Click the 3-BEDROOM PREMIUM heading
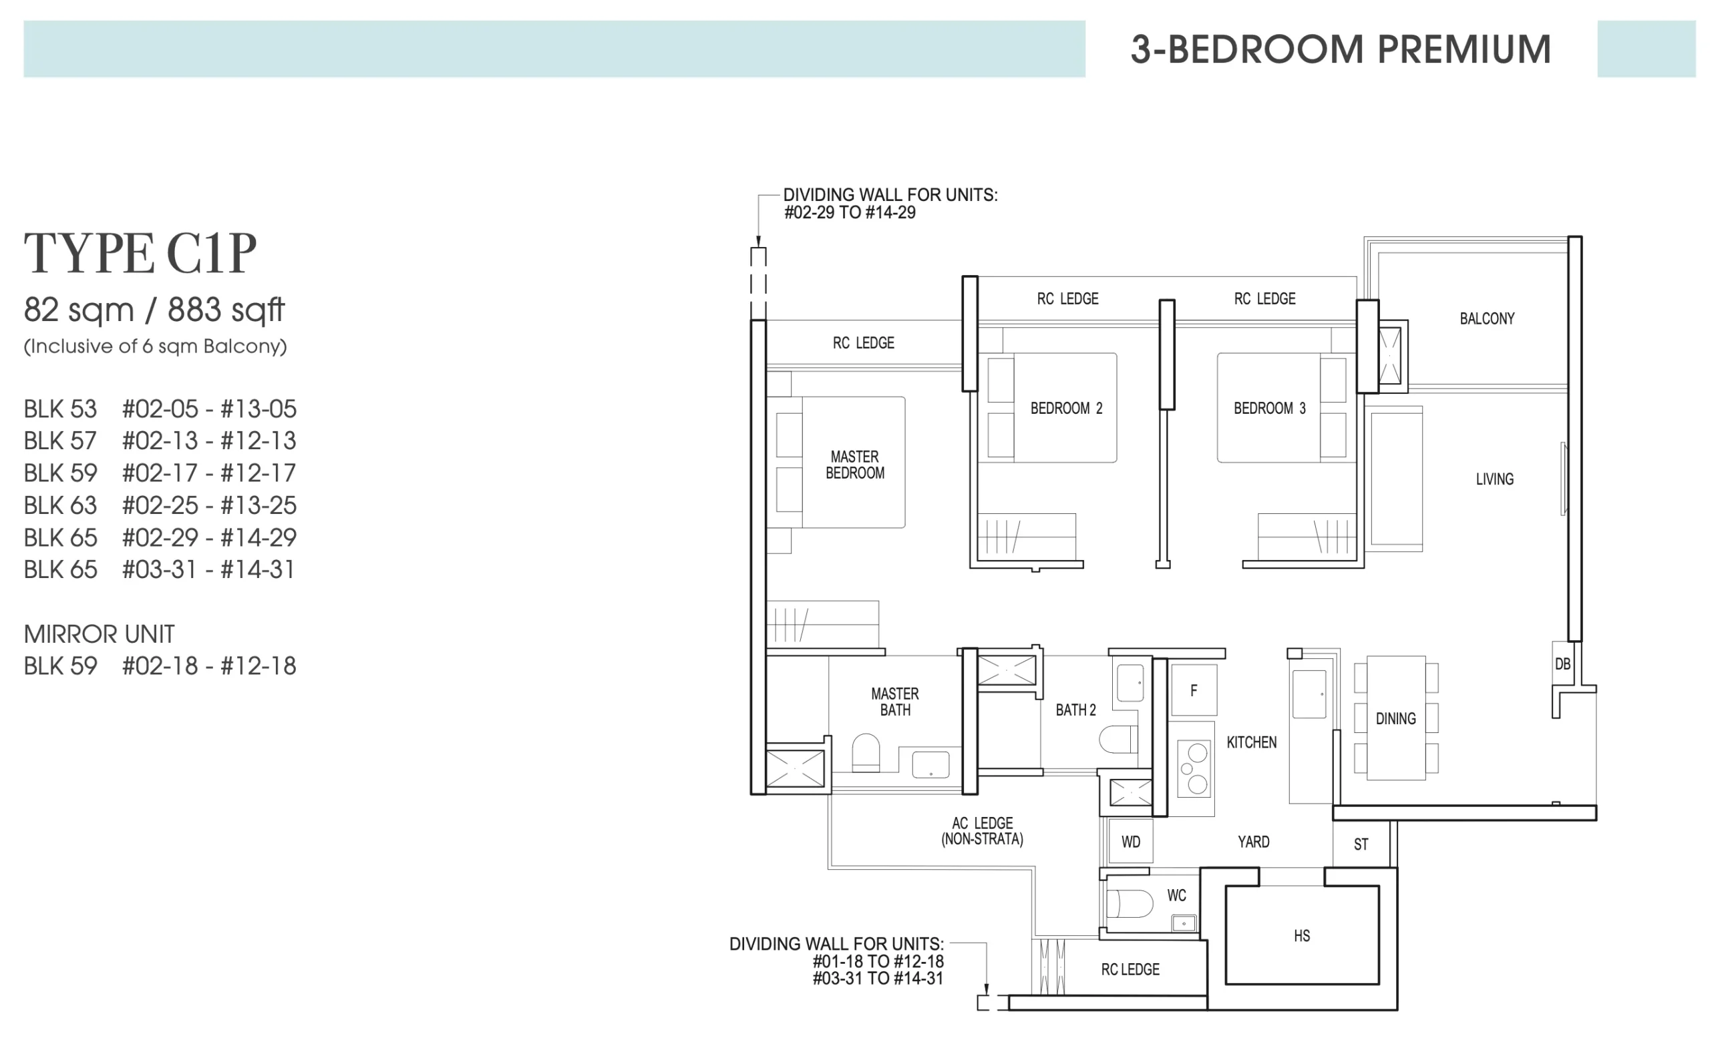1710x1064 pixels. (x=1341, y=49)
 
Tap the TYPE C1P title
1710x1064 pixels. (x=140, y=254)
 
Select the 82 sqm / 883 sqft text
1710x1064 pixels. (x=154, y=310)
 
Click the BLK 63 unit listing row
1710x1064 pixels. (x=160, y=505)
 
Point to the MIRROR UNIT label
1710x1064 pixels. (x=100, y=634)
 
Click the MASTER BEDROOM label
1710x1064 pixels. (x=854, y=465)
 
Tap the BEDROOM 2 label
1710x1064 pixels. (x=1067, y=408)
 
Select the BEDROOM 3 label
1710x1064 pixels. (x=1269, y=408)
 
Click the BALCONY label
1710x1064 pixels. (x=1487, y=319)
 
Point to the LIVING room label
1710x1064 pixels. (x=1494, y=479)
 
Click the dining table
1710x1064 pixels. (x=1396, y=718)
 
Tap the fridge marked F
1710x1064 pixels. (x=1194, y=690)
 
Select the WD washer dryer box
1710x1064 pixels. (x=1131, y=841)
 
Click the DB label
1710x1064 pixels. (x=1562, y=663)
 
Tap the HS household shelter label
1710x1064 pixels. (x=1302, y=935)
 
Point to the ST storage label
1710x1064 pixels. (x=1361, y=844)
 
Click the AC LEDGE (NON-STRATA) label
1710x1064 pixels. (x=982, y=831)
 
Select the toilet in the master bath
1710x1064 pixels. (x=866, y=753)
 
